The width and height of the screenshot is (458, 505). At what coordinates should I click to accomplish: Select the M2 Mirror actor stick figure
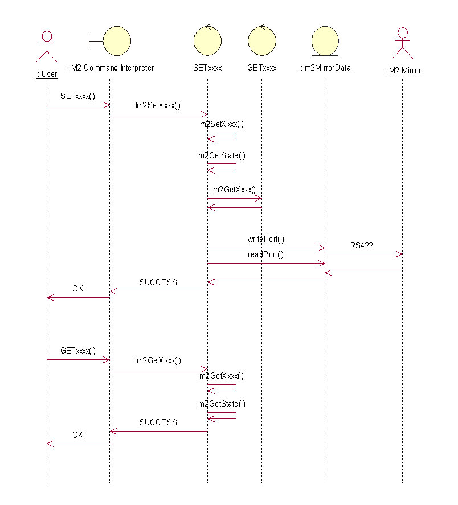402,43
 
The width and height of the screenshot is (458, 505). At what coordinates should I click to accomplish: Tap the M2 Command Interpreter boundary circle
117,39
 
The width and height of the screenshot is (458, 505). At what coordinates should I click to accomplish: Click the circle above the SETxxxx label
207,40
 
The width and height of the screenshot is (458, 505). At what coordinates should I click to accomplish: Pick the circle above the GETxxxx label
261,40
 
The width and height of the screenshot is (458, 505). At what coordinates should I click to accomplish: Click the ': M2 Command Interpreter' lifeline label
110,68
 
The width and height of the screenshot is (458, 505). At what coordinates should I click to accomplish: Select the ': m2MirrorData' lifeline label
325,68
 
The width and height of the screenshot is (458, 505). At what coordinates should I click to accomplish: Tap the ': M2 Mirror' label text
402,71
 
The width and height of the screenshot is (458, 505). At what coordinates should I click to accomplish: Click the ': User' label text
47,74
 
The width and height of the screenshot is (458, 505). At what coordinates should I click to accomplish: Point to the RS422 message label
362,245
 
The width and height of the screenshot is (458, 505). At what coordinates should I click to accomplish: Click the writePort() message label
266,239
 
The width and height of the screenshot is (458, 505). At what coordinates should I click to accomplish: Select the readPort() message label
266,254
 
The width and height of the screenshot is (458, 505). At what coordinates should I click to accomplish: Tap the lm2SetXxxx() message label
158,105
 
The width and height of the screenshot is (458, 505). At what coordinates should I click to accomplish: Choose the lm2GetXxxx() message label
158,360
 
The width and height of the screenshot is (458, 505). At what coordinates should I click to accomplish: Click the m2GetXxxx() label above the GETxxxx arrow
234,190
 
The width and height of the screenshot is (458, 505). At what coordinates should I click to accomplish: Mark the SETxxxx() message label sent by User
78,96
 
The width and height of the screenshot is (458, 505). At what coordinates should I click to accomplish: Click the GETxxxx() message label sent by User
78,351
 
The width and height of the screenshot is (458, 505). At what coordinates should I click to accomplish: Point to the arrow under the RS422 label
363,254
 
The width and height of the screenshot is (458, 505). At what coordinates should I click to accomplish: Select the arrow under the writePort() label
266,248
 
